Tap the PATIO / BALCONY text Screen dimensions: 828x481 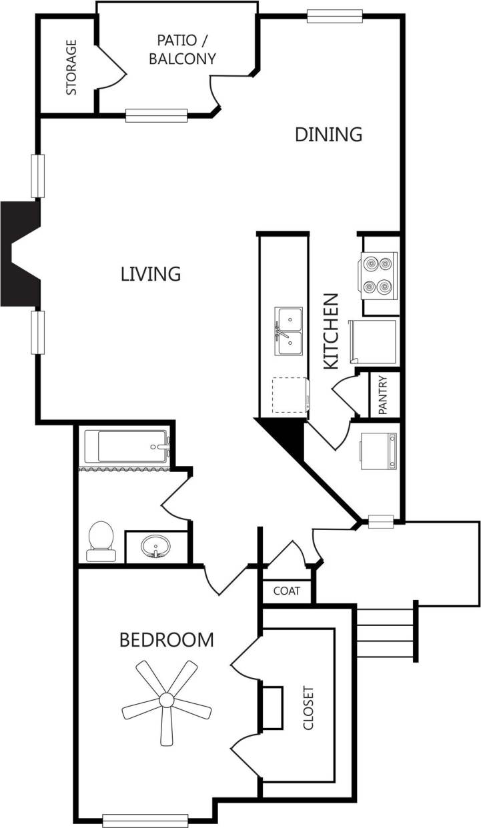182,49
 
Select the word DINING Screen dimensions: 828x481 328,134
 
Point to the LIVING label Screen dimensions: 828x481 151,273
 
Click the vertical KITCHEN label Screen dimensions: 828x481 332,331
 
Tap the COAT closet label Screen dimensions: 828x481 286,591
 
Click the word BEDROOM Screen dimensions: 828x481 166,640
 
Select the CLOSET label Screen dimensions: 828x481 308,707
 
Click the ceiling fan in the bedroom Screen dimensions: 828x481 165,700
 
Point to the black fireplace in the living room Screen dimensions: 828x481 20,254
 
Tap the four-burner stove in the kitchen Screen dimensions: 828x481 379,274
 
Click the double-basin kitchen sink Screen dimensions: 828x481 288,332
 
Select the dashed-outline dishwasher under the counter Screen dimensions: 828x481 290,395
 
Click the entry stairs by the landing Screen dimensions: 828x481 385,632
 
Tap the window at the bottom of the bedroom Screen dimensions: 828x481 145,820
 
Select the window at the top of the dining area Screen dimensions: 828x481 334,16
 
